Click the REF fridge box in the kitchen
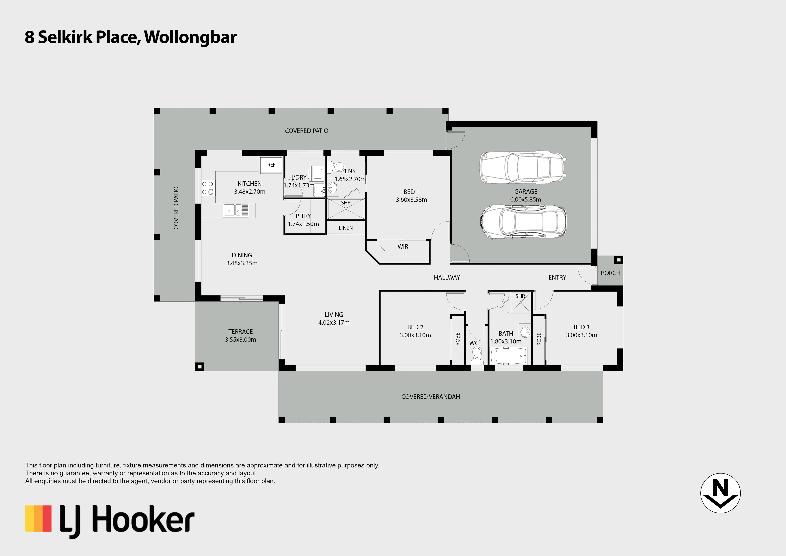[271, 165]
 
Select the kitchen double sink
[236, 210]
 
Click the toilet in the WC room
[477, 355]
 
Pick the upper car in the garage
[523, 167]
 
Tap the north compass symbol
[721, 493]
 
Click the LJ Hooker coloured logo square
[38, 518]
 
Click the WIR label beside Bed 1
[403, 247]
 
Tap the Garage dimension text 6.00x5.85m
[525, 199]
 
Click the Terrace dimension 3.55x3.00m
[241, 339]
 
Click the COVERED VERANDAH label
[431, 397]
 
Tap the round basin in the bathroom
[525, 332]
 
